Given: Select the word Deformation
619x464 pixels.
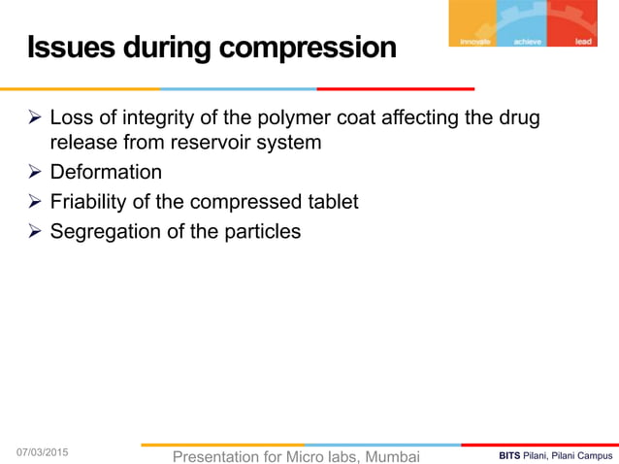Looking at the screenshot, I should pyautogui.click(x=106, y=173).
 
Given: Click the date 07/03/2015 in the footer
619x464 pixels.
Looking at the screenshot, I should pyautogui.click(x=43, y=452).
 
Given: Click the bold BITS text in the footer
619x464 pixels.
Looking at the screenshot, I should pyautogui.click(x=509, y=455).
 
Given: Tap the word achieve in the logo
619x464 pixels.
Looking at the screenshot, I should pyautogui.click(x=529, y=42).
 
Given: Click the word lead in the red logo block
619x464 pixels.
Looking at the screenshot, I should pyautogui.click(x=583, y=42).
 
